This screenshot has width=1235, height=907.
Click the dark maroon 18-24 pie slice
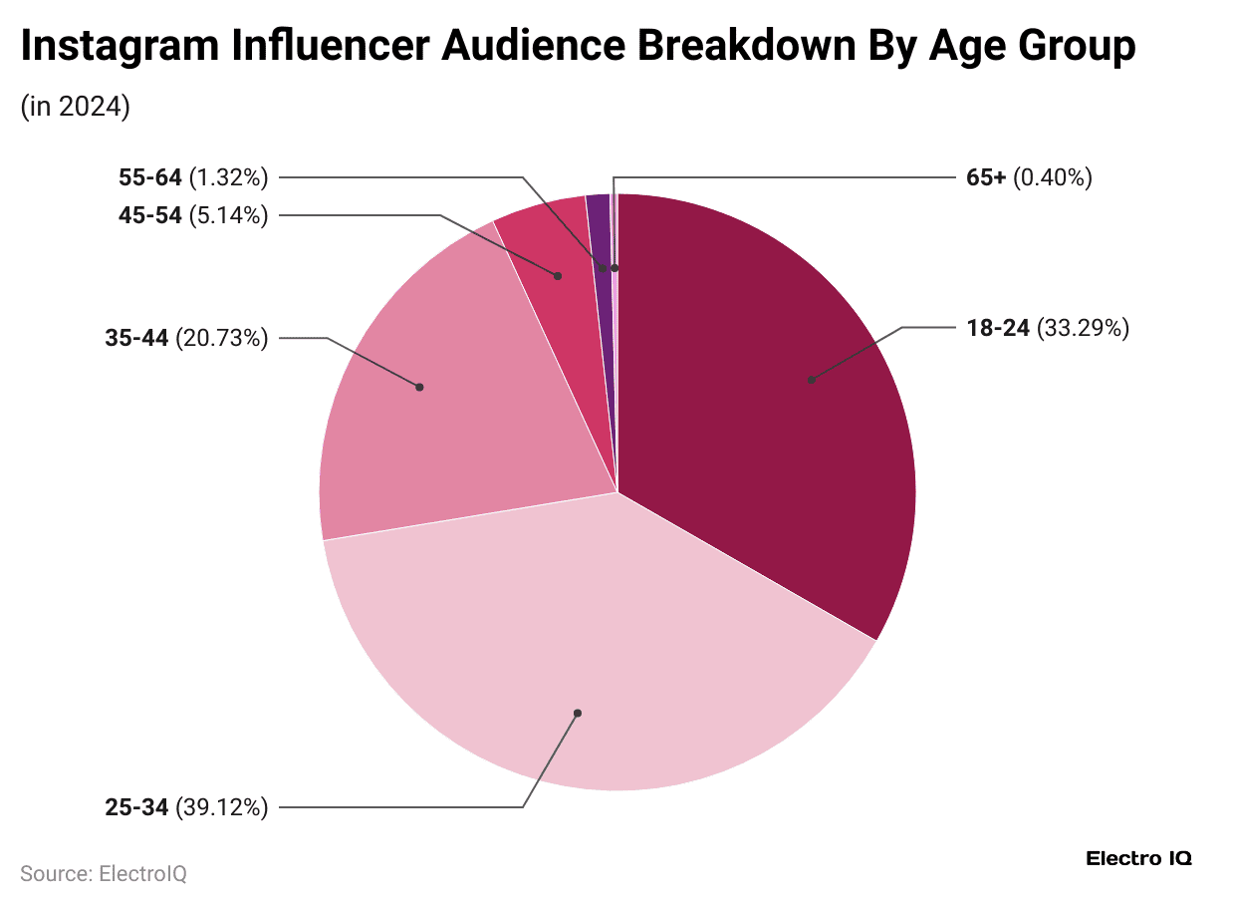(777, 399)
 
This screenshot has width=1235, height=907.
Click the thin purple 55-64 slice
(600, 229)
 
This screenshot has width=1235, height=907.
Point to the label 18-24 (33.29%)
(1046, 328)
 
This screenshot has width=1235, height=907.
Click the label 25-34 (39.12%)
(186, 807)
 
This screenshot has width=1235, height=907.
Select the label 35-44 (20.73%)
(186, 339)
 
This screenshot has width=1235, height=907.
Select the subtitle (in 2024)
(76, 107)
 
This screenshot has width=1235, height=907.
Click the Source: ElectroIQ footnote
(104, 874)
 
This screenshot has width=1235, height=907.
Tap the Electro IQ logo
(1138, 858)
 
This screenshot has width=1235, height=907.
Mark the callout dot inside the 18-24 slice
(812, 380)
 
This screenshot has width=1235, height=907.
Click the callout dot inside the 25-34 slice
(577, 713)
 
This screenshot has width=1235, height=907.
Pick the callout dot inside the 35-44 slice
(419, 387)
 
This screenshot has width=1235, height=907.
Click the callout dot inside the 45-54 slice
(558, 275)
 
